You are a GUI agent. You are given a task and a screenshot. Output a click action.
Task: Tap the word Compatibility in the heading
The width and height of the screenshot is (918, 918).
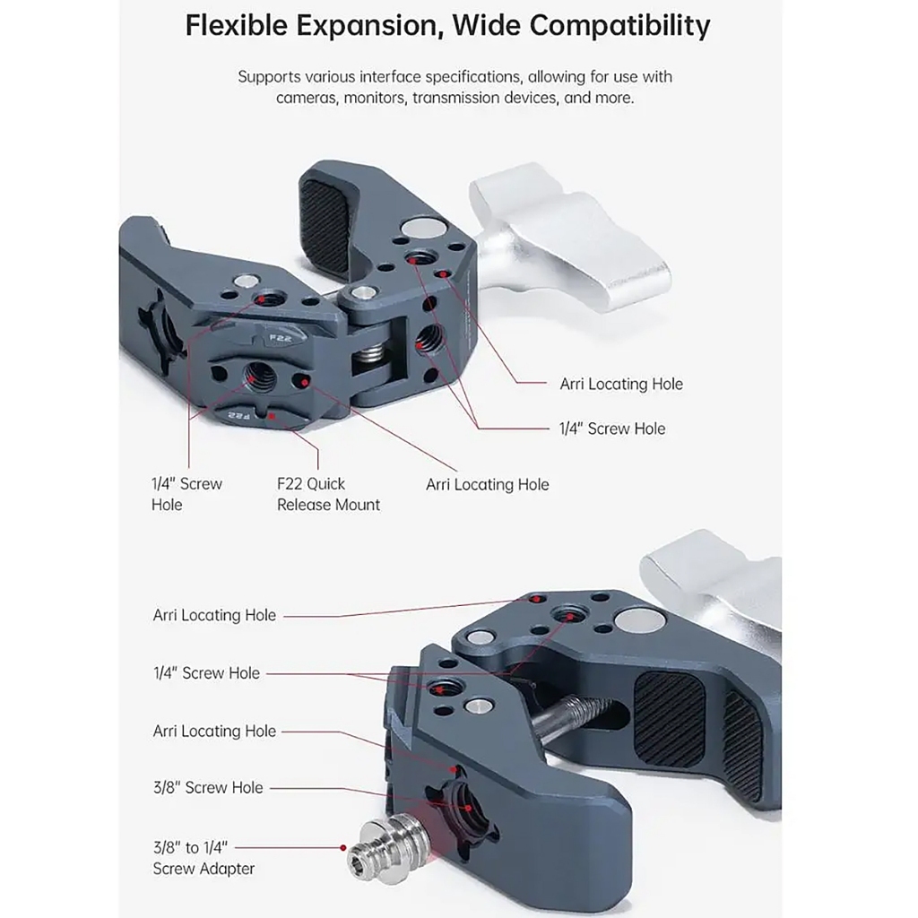coord(619,25)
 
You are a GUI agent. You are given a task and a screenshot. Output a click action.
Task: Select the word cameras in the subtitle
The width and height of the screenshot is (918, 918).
coord(306,98)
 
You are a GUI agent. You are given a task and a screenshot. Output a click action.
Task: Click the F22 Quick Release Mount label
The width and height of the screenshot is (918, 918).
coord(328,494)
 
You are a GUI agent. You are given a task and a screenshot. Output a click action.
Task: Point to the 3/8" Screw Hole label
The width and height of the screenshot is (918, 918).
coord(208,787)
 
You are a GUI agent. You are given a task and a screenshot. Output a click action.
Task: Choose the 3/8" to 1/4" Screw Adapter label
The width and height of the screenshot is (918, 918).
coord(204,857)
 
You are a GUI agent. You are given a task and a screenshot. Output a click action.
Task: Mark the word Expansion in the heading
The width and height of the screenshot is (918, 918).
coord(369,25)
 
